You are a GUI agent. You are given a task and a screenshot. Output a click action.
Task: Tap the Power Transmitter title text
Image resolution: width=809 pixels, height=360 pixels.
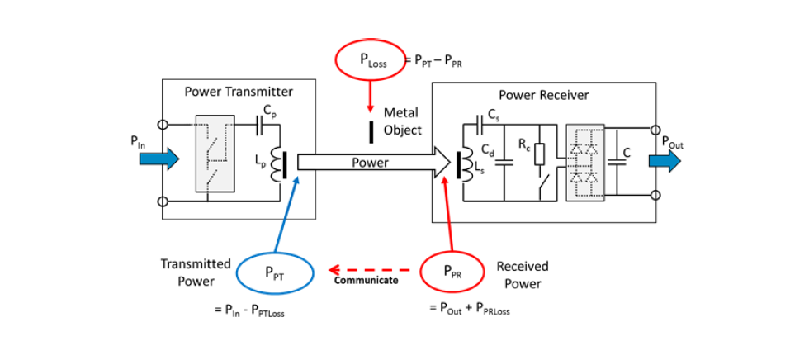click(238, 91)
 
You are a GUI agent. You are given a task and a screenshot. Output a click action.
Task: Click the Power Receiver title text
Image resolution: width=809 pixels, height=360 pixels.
click(544, 95)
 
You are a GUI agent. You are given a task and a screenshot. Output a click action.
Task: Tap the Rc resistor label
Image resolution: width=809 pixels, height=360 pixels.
click(523, 144)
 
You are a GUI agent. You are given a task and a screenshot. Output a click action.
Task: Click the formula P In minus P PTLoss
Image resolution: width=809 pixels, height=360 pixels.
click(253, 310)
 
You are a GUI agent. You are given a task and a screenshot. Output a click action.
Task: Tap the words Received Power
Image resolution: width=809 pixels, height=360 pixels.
click(522, 275)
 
